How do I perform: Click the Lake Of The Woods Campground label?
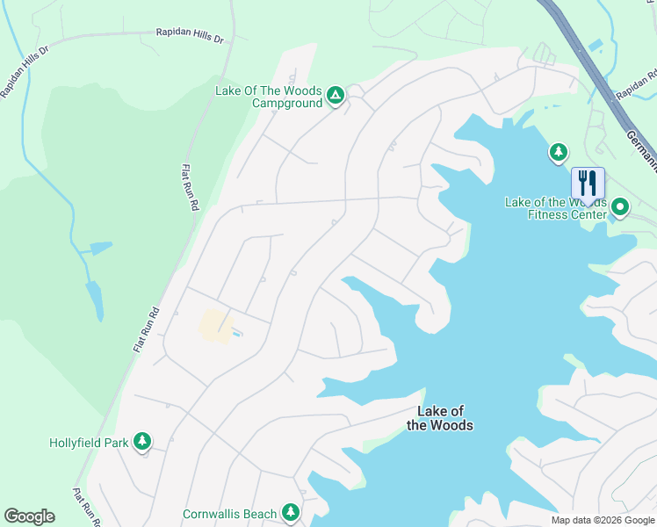269,96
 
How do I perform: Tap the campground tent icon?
335,95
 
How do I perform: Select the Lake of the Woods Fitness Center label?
555,208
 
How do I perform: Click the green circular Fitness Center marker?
620,208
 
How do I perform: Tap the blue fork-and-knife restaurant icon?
588,184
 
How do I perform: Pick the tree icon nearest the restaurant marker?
558,153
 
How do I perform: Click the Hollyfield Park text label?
89,442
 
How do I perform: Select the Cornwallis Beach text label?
229,513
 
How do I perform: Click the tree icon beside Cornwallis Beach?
291,512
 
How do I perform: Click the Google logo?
29,516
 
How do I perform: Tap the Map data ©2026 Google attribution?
602,520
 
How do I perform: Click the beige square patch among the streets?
215,325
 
